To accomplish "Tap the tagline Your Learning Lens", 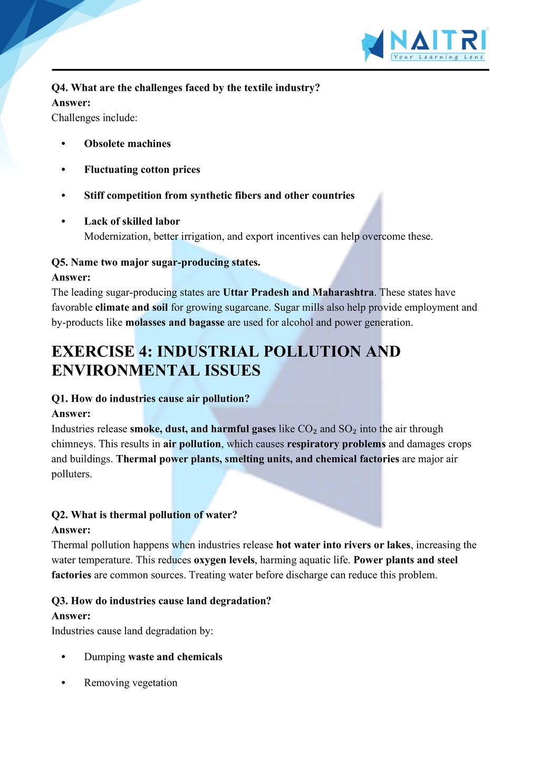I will (x=438, y=57).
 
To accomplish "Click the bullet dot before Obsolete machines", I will (x=64, y=144).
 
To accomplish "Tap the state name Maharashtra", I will (x=343, y=293).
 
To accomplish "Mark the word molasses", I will (x=146, y=323).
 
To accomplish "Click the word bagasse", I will (x=206, y=323).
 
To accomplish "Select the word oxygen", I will (x=209, y=560).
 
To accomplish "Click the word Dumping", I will (x=104, y=657).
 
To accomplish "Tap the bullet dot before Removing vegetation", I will (x=64, y=683).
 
